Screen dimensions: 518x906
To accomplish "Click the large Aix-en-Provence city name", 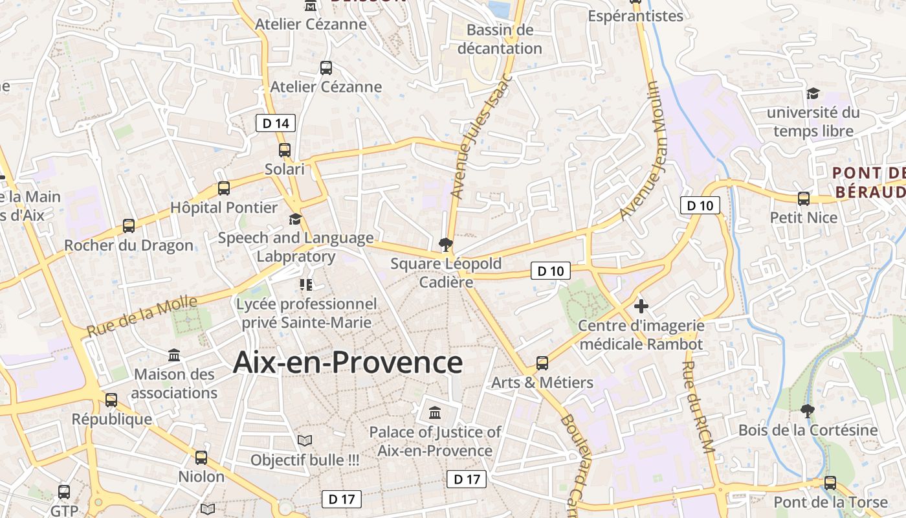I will (x=348, y=363).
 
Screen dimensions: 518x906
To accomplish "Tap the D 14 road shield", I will (x=276, y=123).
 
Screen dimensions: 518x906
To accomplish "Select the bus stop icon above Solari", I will (x=285, y=150).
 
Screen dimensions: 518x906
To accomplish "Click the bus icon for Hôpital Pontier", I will (x=224, y=188).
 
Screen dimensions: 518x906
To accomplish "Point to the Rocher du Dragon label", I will (x=129, y=245).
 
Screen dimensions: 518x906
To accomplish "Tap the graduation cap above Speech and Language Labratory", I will (x=295, y=219).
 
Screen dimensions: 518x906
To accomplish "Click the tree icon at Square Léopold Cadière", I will (x=445, y=245).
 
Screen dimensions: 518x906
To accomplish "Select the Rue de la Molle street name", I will (x=142, y=316).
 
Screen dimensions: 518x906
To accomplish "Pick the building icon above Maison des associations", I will (x=174, y=355).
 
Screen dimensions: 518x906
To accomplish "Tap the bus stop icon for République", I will (x=111, y=400).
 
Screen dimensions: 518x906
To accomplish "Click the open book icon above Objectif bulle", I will (x=305, y=441).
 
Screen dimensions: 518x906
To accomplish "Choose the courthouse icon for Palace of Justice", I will (x=435, y=412).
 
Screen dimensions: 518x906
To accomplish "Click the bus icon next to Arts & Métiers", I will (x=542, y=363).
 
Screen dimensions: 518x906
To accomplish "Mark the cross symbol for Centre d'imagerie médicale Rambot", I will (x=641, y=306).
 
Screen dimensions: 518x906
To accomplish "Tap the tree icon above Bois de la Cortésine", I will (x=807, y=410).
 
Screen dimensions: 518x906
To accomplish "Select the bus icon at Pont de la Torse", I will (x=830, y=483).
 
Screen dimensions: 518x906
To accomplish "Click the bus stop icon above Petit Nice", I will (x=804, y=199).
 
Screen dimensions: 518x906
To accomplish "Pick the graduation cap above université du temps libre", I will (x=813, y=94).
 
